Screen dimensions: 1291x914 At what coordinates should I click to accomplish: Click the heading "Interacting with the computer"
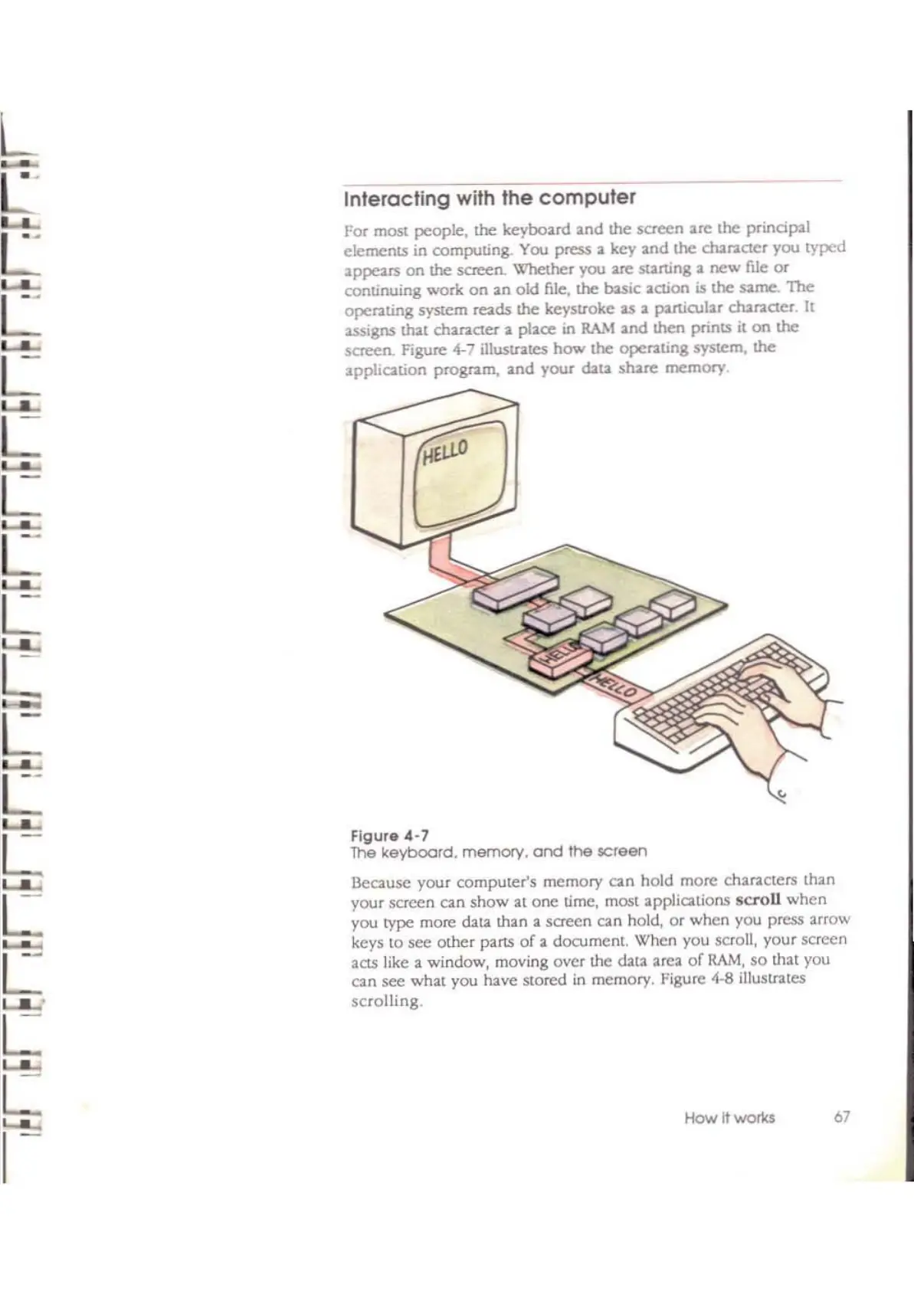[490, 198]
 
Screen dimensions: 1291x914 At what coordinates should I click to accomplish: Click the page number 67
[841, 1117]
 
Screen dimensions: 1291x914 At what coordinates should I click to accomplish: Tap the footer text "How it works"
[729, 1118]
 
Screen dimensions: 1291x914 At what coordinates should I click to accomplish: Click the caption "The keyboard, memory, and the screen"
[499, 852]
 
